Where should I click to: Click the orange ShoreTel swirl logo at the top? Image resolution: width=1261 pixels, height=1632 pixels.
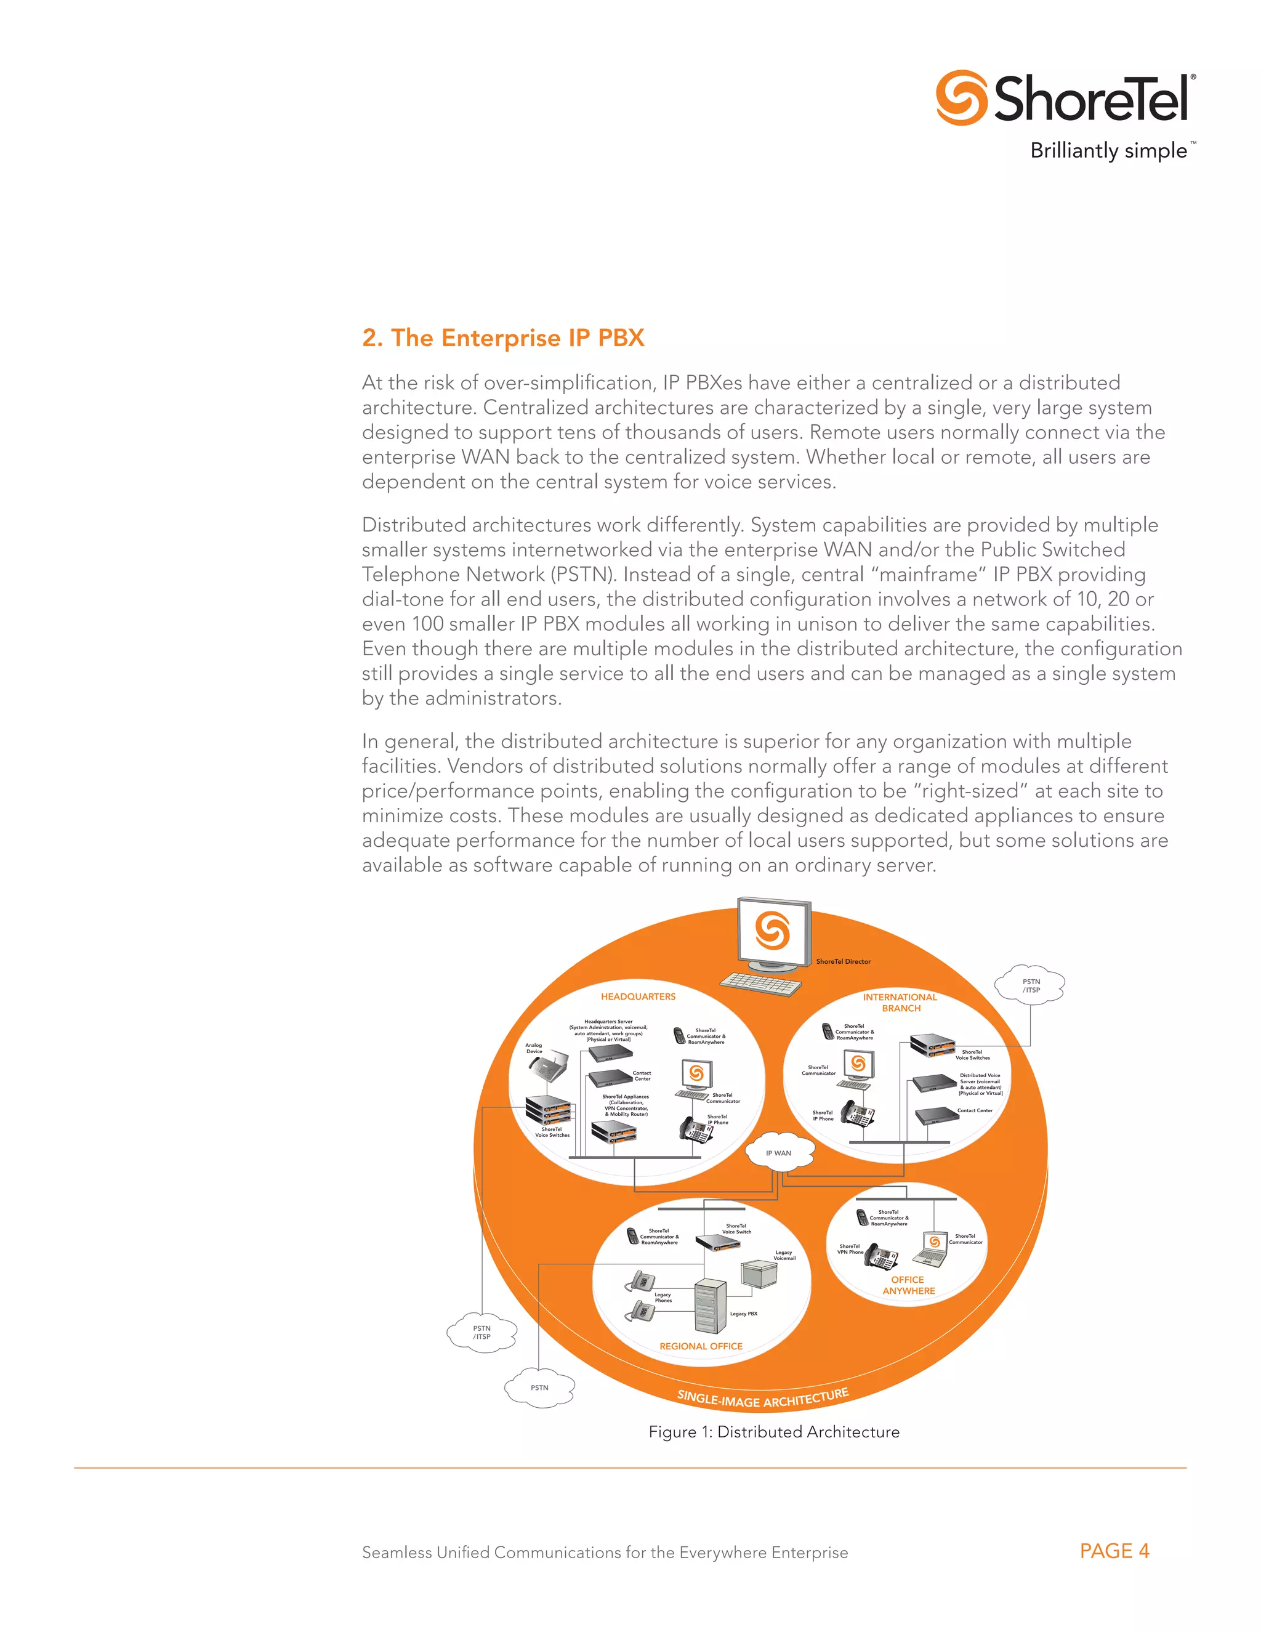(961, 98)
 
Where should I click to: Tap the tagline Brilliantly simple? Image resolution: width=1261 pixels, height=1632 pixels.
(1108, 151)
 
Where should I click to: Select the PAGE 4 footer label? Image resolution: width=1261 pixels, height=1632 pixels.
(1113, 1551)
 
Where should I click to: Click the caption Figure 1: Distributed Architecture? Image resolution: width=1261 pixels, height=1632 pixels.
(773, 1432)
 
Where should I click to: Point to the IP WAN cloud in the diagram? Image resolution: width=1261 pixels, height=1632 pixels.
(778, 1152)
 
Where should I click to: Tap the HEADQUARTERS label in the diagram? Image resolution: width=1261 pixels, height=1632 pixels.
(638, 996)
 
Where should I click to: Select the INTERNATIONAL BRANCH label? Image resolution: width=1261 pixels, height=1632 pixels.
(900, 1002)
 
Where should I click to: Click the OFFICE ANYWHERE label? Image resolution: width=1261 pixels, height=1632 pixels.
(908, 1285)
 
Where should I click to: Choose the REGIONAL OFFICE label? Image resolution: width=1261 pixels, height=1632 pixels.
(701, 1346)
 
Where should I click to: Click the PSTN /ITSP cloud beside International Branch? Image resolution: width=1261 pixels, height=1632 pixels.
(1030, 985)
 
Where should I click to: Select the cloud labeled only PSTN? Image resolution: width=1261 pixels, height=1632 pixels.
(539, 1388)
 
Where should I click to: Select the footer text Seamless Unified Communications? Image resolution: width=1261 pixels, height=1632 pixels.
(605, 1552)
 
